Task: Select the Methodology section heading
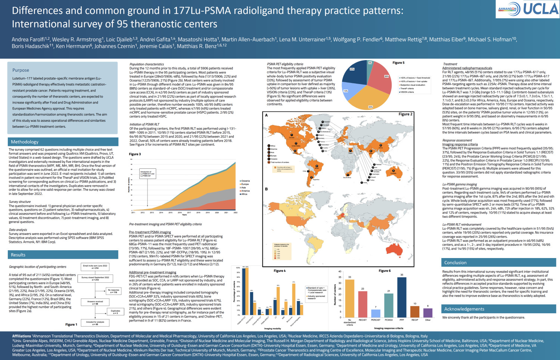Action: [x=25, y=142]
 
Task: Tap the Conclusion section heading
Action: [x=455, y=263]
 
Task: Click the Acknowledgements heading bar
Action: [x=464, y=309]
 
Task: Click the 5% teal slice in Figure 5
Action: [x=370, y=63]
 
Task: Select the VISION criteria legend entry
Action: [x=407, y=92]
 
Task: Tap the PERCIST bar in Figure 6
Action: [x=376, y=313]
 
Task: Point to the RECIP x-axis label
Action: [x=415, y=320]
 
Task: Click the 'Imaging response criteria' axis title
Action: [x=389, y=328]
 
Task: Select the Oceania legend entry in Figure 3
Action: [x=245, y=181]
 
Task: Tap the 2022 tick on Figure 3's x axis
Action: [x=236, y=212]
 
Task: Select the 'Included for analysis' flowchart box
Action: [x=95, y=323]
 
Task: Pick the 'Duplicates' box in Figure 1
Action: [x=115, y=312]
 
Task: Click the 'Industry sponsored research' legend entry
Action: [x=316, y=297]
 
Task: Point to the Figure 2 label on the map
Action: [x=405, y=114]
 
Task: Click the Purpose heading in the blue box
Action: [x=21, y=70]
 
